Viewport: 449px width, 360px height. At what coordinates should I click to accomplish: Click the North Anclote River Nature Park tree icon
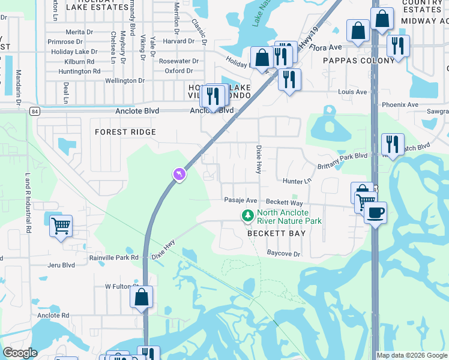(247, 215)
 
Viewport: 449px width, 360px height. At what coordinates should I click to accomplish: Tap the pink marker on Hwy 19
(179, 174)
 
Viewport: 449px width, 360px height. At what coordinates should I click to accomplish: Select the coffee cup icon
(375, 213)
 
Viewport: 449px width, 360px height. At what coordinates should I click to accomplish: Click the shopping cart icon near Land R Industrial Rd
(61, 226)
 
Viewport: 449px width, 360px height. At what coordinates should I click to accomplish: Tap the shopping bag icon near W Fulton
(141, 297)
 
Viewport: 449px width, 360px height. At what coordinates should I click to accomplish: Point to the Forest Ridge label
(125, 132)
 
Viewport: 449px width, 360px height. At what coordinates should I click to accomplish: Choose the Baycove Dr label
(283, 254)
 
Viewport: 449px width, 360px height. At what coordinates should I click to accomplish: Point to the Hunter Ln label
(297, 181)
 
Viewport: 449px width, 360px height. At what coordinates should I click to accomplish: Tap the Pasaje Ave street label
(240, 200)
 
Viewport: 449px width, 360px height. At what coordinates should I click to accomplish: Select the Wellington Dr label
(125, 80)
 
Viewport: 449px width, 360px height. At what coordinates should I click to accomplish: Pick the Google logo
(20, 353)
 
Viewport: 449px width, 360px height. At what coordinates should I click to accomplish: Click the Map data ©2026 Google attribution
(412, 355)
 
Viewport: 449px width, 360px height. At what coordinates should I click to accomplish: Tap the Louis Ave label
(352, 92)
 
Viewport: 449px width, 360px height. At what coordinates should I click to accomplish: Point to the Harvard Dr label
(178, 41)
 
